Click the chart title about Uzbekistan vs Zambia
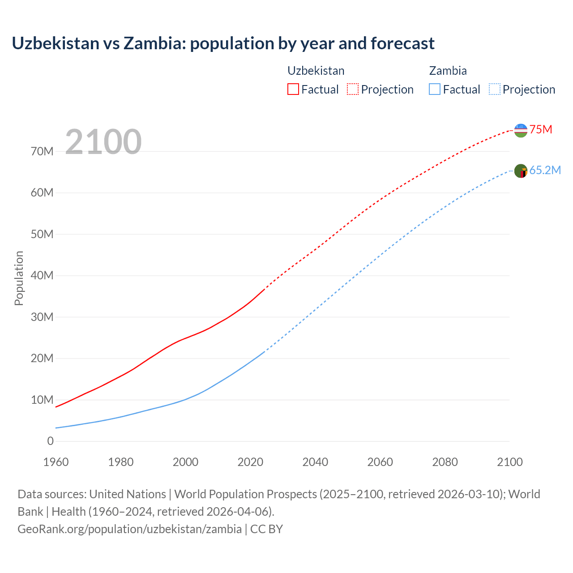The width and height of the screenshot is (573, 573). pos(223,43)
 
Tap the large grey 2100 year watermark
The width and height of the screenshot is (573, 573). pos(103,142)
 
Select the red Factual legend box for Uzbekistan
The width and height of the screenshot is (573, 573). pos(293,89)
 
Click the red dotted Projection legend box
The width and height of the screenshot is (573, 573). pos(353,89)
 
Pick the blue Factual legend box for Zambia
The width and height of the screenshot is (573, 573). pos(435,89)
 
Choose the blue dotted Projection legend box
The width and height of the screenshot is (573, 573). pos(495,89)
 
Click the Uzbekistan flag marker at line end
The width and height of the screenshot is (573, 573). pos(521,130)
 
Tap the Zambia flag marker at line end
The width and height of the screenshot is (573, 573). pos(521,171)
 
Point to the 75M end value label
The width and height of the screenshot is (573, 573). pos(541,130)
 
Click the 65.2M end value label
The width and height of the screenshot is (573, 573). pos(545,171)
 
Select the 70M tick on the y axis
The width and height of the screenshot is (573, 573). pos(42,151)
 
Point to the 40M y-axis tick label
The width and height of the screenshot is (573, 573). pos(42,275)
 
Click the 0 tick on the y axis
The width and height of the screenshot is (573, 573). pos(50,441)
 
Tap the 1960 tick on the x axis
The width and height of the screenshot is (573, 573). pos(56,462)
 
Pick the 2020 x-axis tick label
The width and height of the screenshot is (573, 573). pos(250,462)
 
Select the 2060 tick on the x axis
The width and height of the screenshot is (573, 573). pos(380,462)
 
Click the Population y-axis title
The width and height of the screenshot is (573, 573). pos(19,278)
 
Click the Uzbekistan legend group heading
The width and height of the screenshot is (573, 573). pos(316,71)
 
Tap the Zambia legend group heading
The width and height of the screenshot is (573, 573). pos(448,71)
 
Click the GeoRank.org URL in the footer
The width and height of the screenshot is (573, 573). pos(129,529)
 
